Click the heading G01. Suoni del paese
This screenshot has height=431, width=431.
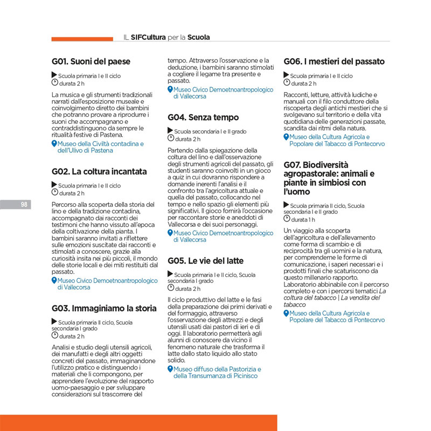[91, 61]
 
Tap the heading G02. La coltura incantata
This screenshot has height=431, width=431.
[99, 172]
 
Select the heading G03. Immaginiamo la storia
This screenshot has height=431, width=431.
[104, 309]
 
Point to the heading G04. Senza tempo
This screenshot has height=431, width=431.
[203, 117]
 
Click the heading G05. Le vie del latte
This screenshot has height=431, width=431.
[205, 261]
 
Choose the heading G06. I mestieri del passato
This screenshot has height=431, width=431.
[334, 61]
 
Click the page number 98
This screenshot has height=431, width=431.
[24, 204]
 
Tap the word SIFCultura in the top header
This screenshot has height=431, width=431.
[148, 38]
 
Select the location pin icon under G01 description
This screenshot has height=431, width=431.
[54, 144]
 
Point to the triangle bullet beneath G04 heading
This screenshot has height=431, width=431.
[170, 131]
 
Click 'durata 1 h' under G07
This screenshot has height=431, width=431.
[304, 220]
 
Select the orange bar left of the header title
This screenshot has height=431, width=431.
[81, 39]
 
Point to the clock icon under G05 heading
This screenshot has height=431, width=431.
[171, 288]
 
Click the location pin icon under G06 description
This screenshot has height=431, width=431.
[286, 137]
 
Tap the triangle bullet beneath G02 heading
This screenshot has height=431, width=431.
[54, 185]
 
